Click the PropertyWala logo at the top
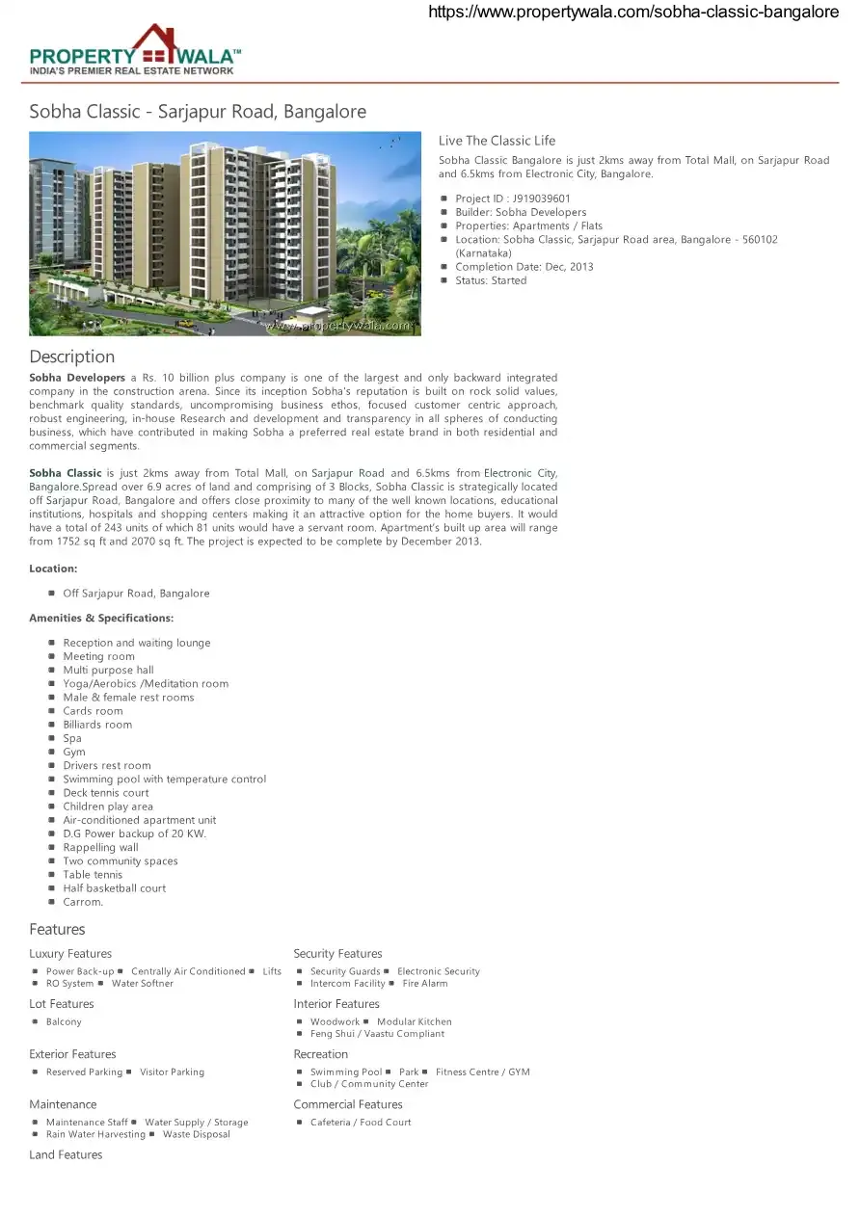(x=135, y=50)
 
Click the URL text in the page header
(x=632, y=12)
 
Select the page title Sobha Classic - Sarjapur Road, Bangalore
(x=198, y=112)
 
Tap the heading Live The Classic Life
(x=497, y=141)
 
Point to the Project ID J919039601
(x=513, y=198)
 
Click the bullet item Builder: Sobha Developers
(x=521, y=212)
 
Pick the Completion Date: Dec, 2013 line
(x=524, y=267)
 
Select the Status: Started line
(x=491, y=280)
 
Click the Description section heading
(x=71, y=357)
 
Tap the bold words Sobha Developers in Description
(x=77, y=378)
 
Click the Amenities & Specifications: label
(x=101, y=618)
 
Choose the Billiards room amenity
(x=97, y=725)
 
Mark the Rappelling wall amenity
(x=100, y=848)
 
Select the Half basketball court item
(x=114, y=888)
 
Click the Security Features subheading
(x=337, y=954)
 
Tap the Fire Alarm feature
(x=425, y=984)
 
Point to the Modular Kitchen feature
(x=415, y=1021)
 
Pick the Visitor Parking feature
(x=172, y=1071)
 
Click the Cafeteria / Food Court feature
(x=361, y=1123)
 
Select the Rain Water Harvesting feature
(x=95, y=1134)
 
